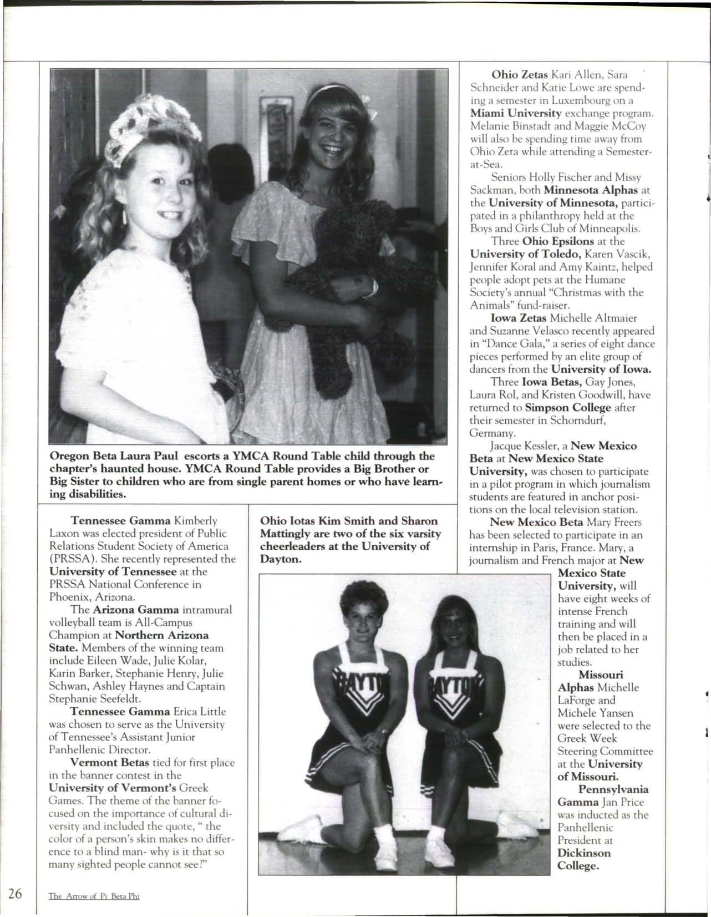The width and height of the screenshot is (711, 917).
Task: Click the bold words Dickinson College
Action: pos(584,859)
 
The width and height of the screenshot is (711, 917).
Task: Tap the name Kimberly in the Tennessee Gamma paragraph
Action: pos(195,521)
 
